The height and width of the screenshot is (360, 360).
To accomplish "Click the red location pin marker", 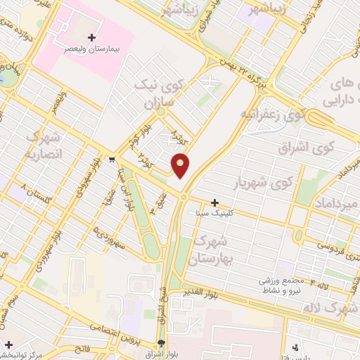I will [180, 165].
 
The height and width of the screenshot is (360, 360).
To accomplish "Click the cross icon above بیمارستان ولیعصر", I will [91, 37].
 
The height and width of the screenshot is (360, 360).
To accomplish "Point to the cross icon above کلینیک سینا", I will [214, 202].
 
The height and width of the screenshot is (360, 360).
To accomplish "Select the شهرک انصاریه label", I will [44, 144].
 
